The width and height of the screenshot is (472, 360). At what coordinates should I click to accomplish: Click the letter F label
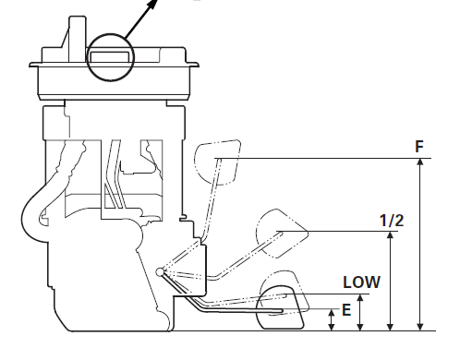(x=419, y=147)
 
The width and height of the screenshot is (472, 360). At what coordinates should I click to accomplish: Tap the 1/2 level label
(x=392, y=221)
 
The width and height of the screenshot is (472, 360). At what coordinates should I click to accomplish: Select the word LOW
(x=362, y=282)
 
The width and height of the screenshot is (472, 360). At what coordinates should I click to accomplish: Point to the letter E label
(x=346, y=310)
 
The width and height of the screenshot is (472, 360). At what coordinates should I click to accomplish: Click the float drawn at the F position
(x=217, y=162)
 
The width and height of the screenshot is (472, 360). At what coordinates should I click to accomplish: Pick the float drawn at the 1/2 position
(x=282, y=234)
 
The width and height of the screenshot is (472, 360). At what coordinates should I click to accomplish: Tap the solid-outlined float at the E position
(x=281, y=307)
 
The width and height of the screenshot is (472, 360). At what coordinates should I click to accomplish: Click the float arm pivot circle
(x=160, y=272)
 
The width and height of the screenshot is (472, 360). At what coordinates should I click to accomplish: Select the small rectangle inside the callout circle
(x=109, y=57)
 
